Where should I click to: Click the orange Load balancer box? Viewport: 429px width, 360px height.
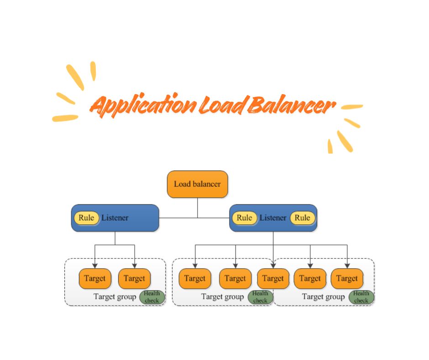coord(197,184)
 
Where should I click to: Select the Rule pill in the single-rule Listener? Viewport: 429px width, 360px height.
coord(86,218)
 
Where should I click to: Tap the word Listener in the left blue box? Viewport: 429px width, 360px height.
coord(115,218)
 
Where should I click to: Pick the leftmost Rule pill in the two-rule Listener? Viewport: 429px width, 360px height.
coord(244,218)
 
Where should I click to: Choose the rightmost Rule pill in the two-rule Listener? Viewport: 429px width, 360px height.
coord(302,218)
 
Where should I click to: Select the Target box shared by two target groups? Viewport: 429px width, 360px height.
coord(273,279)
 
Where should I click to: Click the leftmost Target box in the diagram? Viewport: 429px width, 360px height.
coord(95,279)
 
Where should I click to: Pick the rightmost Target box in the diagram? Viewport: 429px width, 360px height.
coord(347,279)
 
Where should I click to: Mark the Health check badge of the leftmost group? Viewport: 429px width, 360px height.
coord(152,297)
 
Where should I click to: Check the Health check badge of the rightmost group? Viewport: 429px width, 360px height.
coord(361,297)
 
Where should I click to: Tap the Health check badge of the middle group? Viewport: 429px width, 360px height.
coord(260,297)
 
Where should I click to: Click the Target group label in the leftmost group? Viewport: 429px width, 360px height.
coord(115,297)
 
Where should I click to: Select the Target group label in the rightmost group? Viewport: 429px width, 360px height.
coord(323,297)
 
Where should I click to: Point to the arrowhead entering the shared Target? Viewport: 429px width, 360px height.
coord(273,265)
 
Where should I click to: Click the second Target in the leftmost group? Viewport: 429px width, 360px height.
coord(134,279)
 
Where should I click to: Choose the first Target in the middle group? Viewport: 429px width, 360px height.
coord(195,279)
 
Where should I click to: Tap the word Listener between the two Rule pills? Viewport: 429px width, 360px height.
coord(273,218)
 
